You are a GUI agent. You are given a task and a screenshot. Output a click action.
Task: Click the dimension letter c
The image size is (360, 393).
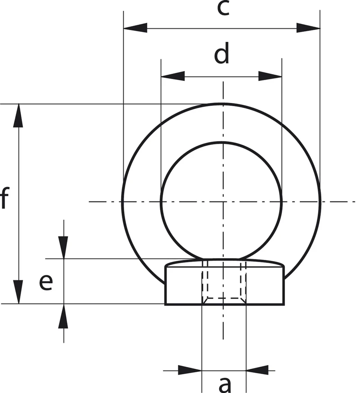(x=223, y=8)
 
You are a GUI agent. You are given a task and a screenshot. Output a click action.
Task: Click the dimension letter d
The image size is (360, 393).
(x=222, y=53)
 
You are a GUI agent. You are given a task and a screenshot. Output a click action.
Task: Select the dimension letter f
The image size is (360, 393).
(x=4, y=198)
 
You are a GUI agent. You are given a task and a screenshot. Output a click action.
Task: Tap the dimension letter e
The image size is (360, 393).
(x=46, y=283)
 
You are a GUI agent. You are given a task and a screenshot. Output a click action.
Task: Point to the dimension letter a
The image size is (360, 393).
(x=225, y=385)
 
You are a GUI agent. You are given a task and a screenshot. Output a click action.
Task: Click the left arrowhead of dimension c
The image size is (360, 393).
(x=135, y=28)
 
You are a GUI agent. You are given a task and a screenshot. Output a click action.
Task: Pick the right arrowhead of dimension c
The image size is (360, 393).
(x=308, y=28)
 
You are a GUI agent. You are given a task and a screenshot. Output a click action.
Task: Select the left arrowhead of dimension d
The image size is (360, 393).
(x=173, y=76)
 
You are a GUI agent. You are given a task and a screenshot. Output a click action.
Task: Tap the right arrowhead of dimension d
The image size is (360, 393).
(x=270, y=76)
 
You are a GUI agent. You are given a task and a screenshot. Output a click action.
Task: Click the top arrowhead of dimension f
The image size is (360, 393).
(x=18, y=116)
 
